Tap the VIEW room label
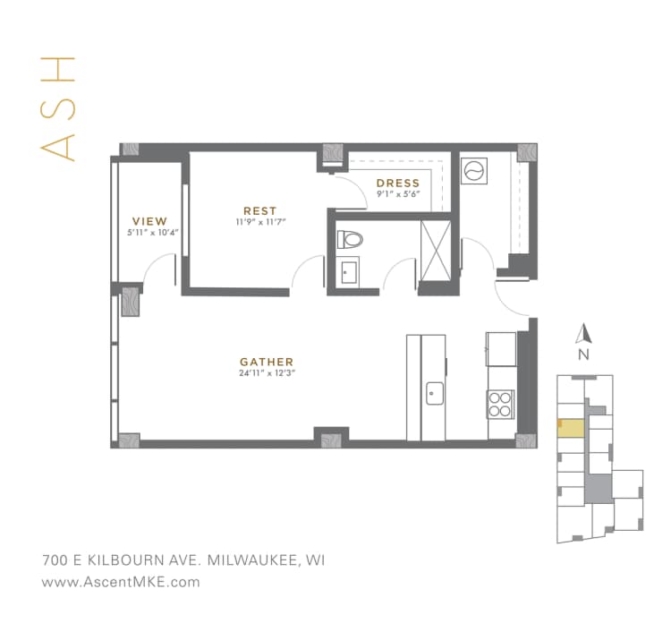pyautogui.click(x=149, y=220)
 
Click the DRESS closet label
pyautogui.click(x=398, y=184)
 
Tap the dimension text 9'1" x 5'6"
pyautogui.click(x=398, y=195)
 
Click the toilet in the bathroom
pyautogui.click(x=349, y=239)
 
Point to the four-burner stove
pyautogui.click(x=501, y=405)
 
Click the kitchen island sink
pyautogui.click(x=435, y=392)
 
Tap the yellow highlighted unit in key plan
pyautogui.click(x=569, y=427)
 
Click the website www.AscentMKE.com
pyautogui.click(x=121, y=582)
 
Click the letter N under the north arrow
pyautogui.click(x=584, y=354)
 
